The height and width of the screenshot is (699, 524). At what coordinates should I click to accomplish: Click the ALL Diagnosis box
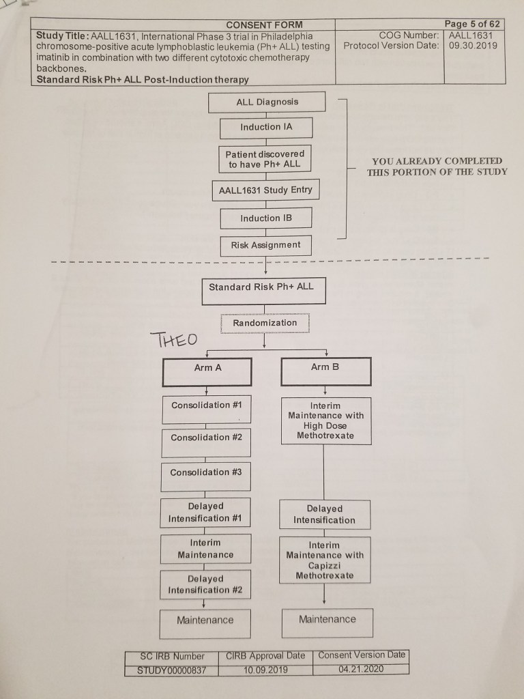[x=267, y=102]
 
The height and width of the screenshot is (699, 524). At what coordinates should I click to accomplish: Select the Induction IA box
[x=266, y=128]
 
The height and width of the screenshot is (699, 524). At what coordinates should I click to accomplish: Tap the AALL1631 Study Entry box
[x=266, y=190]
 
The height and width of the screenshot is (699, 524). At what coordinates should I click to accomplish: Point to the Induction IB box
[x=266, y=218]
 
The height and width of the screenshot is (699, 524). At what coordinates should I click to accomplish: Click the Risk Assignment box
[x=266, y=245]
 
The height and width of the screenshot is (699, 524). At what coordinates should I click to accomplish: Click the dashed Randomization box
[x=265, y=323]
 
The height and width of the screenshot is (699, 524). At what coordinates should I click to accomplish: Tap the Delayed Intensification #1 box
[x=205, y=513]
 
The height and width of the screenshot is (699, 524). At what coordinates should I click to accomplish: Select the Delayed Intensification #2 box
[x=205, y=585]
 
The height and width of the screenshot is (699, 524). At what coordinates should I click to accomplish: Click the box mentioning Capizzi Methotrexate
[x=325, y=560]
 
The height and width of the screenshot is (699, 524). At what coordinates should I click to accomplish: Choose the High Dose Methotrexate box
[x=325, y=420]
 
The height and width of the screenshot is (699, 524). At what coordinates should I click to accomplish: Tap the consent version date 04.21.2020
[x=361, y=669]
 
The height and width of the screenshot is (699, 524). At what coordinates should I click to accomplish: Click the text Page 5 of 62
[x=472, y=24]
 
